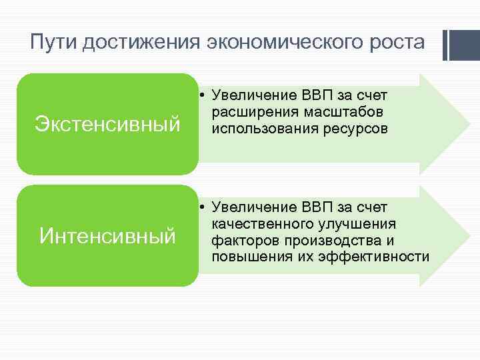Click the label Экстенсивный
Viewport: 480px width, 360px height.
click(x=107, y=124)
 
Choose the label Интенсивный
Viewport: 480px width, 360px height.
click(x=107, y=235)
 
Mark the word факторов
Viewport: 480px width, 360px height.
click(x=243, y=240)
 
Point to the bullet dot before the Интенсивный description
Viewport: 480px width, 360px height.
click(x=202, y=207)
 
